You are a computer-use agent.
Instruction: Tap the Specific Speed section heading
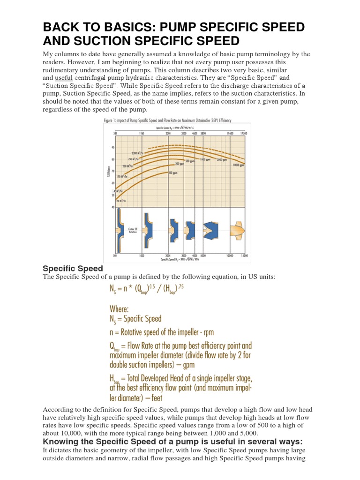point(72,269)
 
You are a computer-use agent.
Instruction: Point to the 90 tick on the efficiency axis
point(112,148)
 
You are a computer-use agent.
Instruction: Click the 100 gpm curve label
point(173,173)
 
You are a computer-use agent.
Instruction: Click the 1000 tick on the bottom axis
point(141,256)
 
